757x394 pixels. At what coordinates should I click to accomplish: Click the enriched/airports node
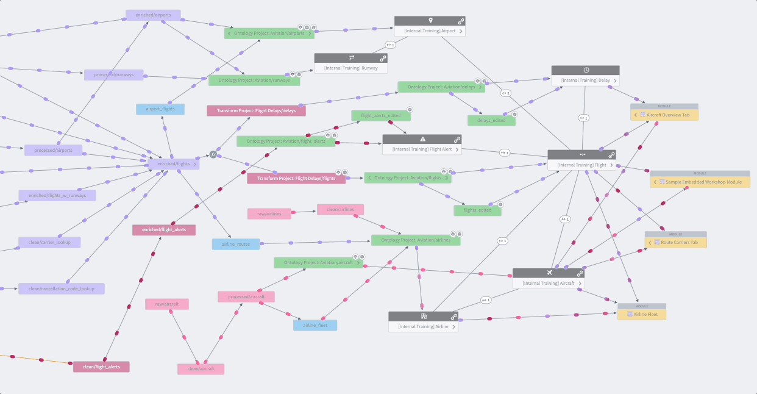coord(153,15)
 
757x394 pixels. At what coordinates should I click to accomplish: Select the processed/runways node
coord(114,75)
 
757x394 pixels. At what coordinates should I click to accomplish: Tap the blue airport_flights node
coord(160,109)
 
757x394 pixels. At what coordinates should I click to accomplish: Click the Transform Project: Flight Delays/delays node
coord(256,111)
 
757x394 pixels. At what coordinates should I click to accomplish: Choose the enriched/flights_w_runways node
coord(57,196)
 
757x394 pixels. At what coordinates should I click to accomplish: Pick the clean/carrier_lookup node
coord(49,242)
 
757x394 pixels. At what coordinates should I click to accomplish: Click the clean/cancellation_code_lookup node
coord(61,288)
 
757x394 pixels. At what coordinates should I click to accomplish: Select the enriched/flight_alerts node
coord(164,230)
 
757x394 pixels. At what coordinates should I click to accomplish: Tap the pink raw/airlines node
coord(269,213)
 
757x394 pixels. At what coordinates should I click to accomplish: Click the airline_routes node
coord(236,244)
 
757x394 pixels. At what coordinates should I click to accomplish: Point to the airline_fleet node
coord(315,325)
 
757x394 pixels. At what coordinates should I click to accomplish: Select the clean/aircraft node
coord(201,369)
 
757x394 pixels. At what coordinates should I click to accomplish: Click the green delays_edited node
coord(491,121)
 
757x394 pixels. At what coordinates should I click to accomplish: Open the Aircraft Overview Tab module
coord(667,115)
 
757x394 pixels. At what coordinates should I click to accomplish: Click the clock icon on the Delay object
coord(586,70)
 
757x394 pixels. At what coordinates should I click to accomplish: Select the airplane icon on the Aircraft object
coord(550,273)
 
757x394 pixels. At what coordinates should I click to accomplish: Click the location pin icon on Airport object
coord(430,21)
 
